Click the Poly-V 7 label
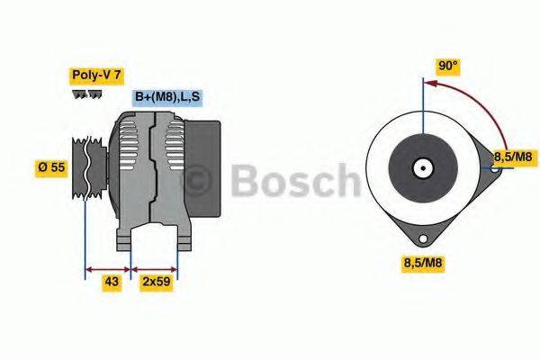(x=96, y=76)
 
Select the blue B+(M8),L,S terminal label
(x=167, y=97)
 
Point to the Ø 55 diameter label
(x=52, y=168)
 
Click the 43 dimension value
(x=111, y=282)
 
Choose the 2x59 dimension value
(x=156, y=282)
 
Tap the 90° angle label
(x=447, y=66)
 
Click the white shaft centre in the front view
(x=422, y=167)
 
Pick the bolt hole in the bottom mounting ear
(x=422, y=239)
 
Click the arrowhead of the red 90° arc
(x=429, y=85)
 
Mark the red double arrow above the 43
(x=107, y=268)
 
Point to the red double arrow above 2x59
(x=155, y=268)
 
